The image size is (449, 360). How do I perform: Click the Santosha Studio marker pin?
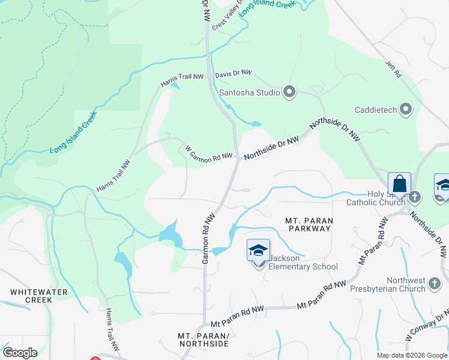290,92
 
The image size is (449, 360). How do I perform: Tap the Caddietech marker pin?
406,110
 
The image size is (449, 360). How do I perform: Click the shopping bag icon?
399,184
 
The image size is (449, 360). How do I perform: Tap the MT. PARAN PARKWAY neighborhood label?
309,224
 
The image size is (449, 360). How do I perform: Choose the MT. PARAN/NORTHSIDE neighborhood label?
203,339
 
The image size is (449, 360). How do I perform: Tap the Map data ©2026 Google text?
411,355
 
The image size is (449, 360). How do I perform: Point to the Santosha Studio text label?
249,92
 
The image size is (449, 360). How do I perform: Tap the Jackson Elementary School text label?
303,263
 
